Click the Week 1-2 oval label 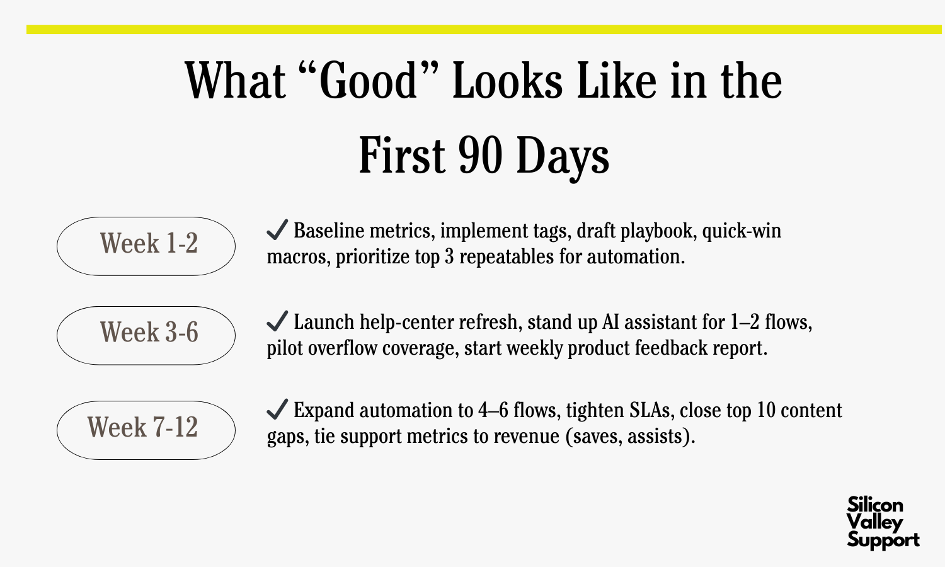[x=146, y=246]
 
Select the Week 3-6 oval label [x=146, y=335]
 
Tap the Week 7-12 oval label [x=146, y=430]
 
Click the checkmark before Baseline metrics [x=277, y=229]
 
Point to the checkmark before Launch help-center [x=277, y=321]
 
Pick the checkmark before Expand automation [x=277, y=409]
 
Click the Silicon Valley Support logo [x=883, y=523]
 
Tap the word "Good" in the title [x=369, y=80]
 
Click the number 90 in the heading [x=481, y=155]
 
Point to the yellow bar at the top [x=484, y=30]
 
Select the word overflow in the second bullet [x=343, y=348]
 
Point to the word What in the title [x=236, y=80]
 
